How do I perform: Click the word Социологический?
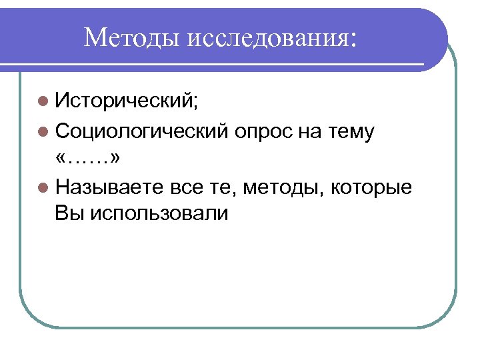tap(143, 131)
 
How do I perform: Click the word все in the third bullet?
tap(185, 187)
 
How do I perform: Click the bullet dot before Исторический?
tap(43, 102)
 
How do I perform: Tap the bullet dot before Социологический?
tap(43, 132)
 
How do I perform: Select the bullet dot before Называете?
tap(43, 188)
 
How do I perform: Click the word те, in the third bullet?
tap(224, 187)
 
